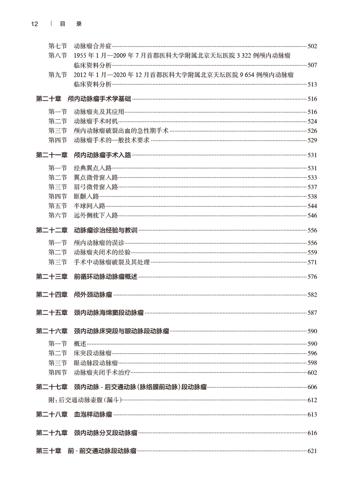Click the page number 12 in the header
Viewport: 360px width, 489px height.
[35, 24]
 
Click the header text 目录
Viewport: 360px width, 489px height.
[70, 24]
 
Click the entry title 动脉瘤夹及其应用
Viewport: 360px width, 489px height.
[99, 112]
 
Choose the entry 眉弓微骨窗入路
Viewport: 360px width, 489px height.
[96, 187]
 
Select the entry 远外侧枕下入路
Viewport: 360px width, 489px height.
[96, 216]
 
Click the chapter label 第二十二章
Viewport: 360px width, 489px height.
[51, 230]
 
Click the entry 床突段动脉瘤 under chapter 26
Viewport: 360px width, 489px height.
[93, 353]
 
